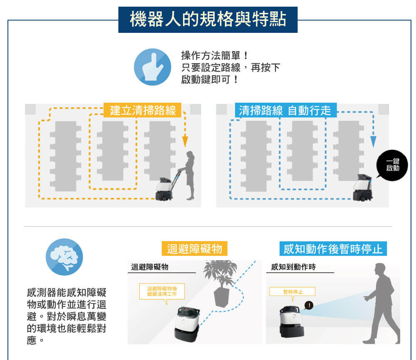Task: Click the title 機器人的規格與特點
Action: [x=208, y=20]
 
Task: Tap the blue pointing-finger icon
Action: [x=152, y=67]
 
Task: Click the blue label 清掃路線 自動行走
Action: [x=285, y=110]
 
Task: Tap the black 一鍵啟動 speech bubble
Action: [x=392, y=165]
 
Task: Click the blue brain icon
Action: [x=64, y=256]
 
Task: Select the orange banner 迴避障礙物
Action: [x=194, y=249]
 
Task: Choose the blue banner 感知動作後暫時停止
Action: [x=333, y=249]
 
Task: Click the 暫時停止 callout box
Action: [x=292, y=292]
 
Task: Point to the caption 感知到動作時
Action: [x=293, y=267]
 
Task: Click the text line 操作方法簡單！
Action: [x=215, y=56]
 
